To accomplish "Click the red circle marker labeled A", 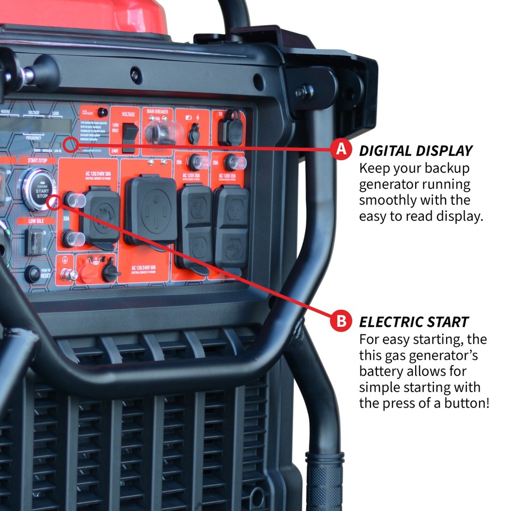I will [341, 150].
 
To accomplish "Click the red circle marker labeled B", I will [341, 322].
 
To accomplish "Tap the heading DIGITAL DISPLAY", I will [416, 151].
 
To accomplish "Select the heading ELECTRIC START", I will [414, 322].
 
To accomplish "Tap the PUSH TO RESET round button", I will [32, 274].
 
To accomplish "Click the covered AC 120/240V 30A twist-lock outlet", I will [101, 213].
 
